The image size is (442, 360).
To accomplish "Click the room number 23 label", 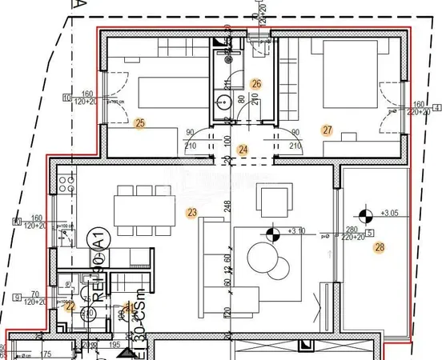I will (x=191, y=213).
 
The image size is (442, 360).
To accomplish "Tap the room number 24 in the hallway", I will (x=243, y=149).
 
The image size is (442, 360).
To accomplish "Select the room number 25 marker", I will (x=140, y=123).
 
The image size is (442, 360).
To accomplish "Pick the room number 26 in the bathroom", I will (x=256, y=83).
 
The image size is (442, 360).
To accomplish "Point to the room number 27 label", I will (x=327, y=130).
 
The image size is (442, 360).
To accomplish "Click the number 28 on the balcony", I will (x=379, y=247).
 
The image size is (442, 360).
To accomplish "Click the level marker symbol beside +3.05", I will (x=366, y=214).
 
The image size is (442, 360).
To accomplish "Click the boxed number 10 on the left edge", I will (x=66, y=99).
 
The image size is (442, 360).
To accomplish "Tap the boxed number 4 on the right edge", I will (x=436, y=107).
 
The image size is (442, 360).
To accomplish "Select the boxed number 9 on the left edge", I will (x=18, y=298).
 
